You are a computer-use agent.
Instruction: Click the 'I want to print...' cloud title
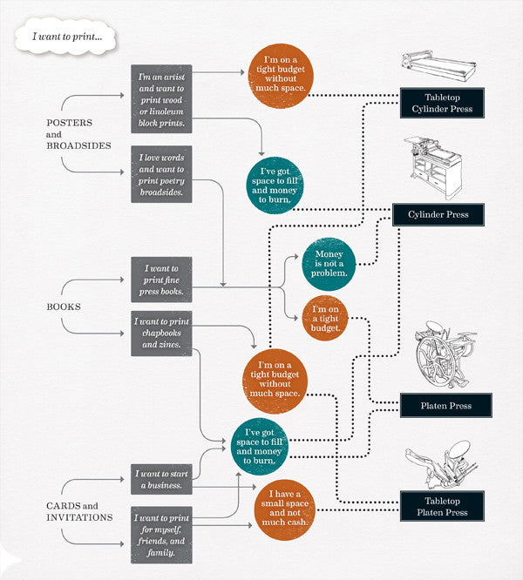click(x=66, y=37)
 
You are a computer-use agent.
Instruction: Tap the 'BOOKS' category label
click(x=63, y=307)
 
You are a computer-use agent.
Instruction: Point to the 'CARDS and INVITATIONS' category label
click(x=79, y=511)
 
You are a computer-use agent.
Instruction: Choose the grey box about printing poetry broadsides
click(x=161, y=175)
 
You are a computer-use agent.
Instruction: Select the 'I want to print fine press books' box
click(x=161, y=280)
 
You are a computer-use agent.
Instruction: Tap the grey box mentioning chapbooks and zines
click(x=161, y=334)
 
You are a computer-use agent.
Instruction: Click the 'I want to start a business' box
click(x=161, y=479)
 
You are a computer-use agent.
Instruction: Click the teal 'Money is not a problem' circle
click(x=329, y=263)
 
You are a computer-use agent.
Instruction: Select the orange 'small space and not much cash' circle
click(x=282, y=506)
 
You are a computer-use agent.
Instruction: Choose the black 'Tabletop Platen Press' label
click(x=441, y=506)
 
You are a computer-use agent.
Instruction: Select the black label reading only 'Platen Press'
click(x=445, y=405)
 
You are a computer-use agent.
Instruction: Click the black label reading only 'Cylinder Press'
click(x=444, y=214)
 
